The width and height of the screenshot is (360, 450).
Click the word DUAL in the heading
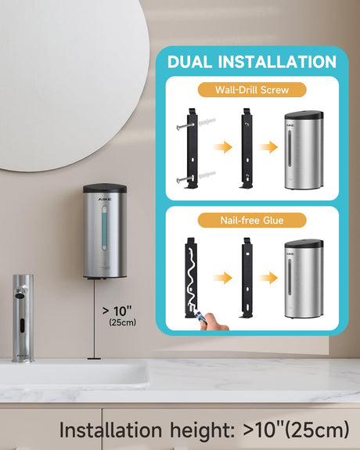[189, 62]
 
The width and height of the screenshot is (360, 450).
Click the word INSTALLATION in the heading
[277, 62]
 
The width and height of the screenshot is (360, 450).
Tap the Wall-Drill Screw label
[252, 90]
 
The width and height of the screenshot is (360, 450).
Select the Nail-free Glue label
[252, 221]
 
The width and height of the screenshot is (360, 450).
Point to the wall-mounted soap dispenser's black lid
[105, 189]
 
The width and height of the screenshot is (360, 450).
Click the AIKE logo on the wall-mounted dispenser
[105, 199]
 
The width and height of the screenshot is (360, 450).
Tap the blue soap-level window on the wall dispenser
[105, 229]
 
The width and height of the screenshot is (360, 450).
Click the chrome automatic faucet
[23, 318]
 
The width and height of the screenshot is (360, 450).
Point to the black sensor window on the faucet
[22, 326]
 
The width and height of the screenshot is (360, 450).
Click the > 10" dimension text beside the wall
[117, 311]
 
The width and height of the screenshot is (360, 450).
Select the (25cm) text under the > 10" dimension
[123, 322]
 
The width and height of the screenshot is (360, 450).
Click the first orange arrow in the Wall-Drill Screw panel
[222, 147]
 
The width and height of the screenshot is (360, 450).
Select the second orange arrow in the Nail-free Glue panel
[268, 278]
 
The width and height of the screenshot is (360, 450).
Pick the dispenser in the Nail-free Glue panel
[304, 279]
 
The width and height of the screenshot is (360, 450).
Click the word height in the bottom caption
[202, 430]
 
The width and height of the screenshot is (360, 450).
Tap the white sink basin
[74, 373]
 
